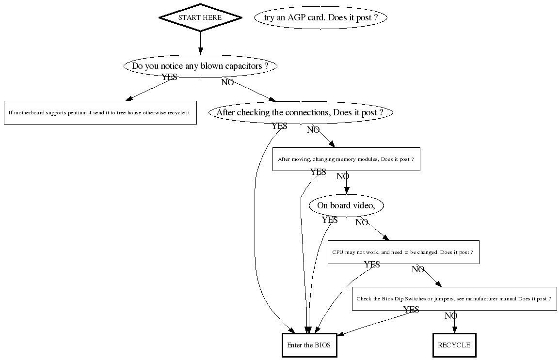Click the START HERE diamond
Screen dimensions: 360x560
click(x=200, y=17)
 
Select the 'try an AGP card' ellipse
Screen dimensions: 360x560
click(x=321, y=18)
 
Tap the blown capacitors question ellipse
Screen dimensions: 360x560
click(x=200, y=66)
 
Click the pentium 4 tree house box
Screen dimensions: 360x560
click(x=100, y=112)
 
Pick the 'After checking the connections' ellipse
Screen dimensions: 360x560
click(x=301, y=112)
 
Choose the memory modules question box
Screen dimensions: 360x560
click(x=346, y=159)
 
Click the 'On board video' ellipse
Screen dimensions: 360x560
click(x=346, y=205)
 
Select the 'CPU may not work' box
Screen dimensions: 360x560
click(x=403, y=252)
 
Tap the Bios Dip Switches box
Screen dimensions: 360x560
click(x=454, y=299)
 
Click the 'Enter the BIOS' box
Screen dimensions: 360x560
click(x=309, y=345)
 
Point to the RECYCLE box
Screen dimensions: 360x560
click(x=454, y=345)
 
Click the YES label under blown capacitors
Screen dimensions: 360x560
click(x=169, y=77)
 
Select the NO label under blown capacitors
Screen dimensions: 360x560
click(x=227, y=82)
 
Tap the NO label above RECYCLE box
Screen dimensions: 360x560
click(x=451, y=316)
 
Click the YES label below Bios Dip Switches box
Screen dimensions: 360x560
click(x=411, y=310)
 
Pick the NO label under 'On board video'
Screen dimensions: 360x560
click(x=362, y=222)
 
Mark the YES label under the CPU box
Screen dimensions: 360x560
click(x=372, y=265)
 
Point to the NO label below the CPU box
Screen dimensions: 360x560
click(x=418, y=269)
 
